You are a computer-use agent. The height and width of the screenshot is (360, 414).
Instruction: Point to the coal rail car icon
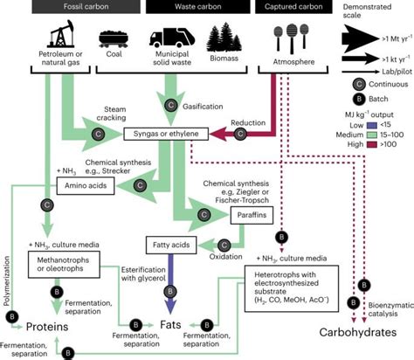click(x=114, y=41)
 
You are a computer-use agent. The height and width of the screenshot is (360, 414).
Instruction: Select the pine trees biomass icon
click(x=224, y=39)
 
